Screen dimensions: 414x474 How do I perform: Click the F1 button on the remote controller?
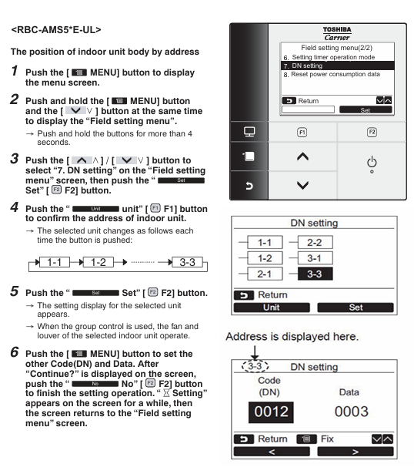(x=302, y=132)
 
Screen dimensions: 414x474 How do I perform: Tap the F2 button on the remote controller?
(x=372, y=132)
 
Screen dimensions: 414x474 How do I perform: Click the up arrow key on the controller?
(x=302, y=156)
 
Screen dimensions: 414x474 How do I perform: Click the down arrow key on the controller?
(x=302, y=185)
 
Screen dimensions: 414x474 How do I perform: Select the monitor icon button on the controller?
(x=249, y=132)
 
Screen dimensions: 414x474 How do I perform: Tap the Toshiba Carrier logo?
(x=337, y=34)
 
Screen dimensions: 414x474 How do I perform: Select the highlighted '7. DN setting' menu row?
(x=337, y=66)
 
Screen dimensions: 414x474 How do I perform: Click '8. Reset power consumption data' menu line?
(x=332, y=74)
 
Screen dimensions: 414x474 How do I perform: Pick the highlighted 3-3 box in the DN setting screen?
(x=315, y=274)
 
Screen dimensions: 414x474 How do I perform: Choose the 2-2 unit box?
(x=315, y=243)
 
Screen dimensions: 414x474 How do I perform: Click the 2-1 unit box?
(x=265, y=274)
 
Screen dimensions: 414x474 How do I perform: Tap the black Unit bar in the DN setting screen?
(x=272, y=308)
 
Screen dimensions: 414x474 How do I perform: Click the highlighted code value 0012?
(x=271, y=412)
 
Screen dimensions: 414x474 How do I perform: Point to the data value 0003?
(x=352, y=412)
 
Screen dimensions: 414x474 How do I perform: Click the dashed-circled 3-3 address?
(x=255, y=366)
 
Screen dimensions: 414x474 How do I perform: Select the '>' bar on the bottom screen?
(x=356, y=452)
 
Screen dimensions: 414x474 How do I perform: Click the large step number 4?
(x=15, y=207)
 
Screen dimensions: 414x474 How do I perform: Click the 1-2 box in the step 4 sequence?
(x=98, y=262)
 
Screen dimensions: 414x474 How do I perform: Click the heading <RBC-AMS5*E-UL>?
(x=56, y=30)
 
